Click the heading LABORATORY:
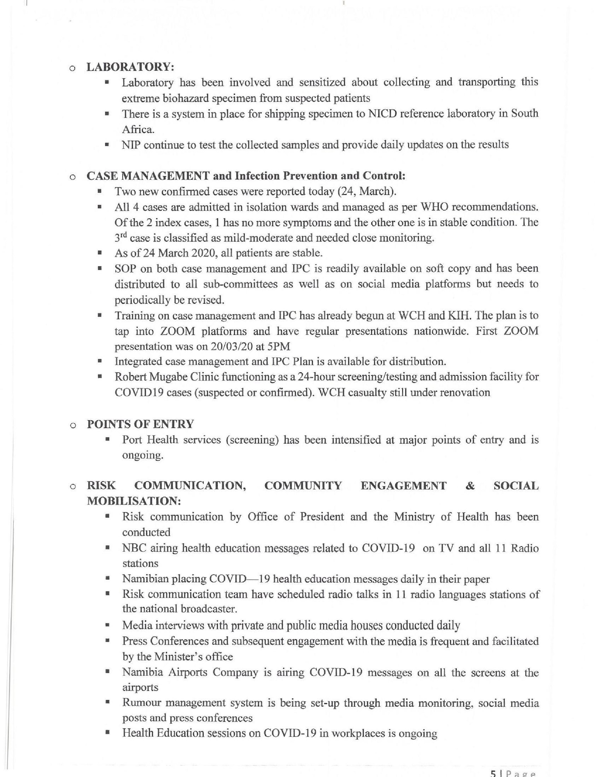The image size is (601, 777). point(130,66)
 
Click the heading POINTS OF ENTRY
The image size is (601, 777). point(140,424)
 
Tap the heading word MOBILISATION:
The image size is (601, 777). point(134,501)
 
